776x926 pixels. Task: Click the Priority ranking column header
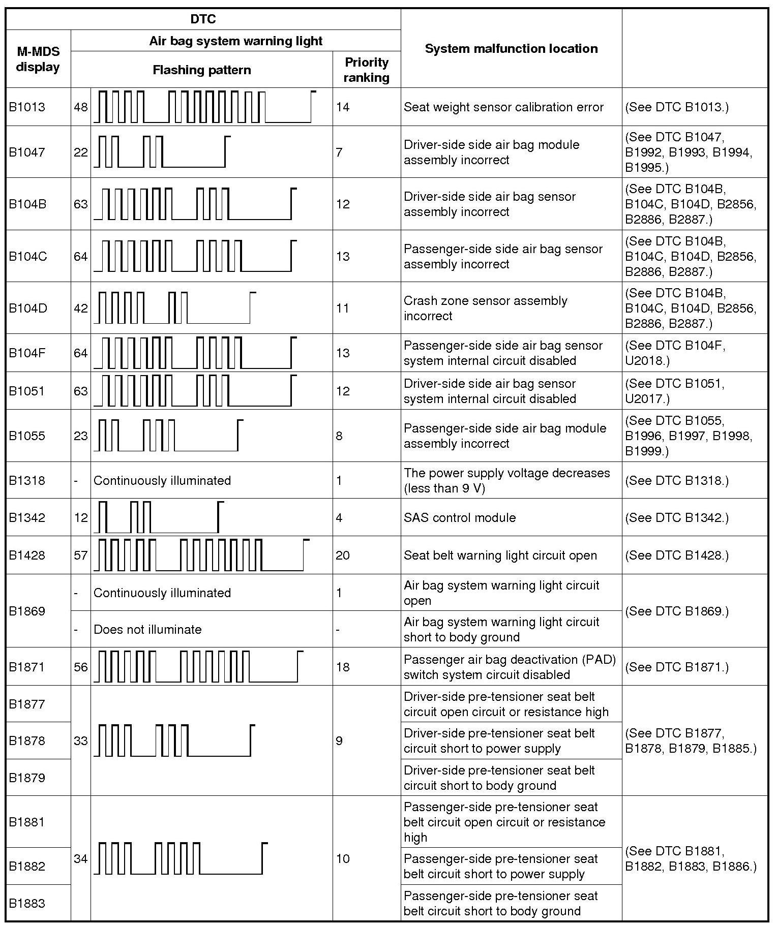click(366, 70)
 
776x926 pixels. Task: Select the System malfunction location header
click(511, 49)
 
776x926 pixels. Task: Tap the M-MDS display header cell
click(38, 59)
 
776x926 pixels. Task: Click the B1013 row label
click(27, 107)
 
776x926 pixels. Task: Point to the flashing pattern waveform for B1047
click(162, 151)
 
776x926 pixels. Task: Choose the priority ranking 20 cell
click(343, 555)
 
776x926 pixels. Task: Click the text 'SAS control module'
click(460, 518)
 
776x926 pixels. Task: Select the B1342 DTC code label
click(27, 518)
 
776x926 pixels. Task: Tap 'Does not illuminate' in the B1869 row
click(147, 630)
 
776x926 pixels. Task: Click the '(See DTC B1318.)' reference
click(676, 481)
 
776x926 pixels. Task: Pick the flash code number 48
click(81, 107)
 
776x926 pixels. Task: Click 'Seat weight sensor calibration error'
click(503, 107)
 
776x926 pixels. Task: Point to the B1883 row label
click(27, 903)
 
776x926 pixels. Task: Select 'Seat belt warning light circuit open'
click(500, 555)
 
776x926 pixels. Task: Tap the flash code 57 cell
click(81, 555)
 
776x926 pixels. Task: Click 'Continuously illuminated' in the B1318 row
click(162, 481)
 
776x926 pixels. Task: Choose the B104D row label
click(27, 308)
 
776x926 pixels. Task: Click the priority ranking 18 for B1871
click(343, 667)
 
